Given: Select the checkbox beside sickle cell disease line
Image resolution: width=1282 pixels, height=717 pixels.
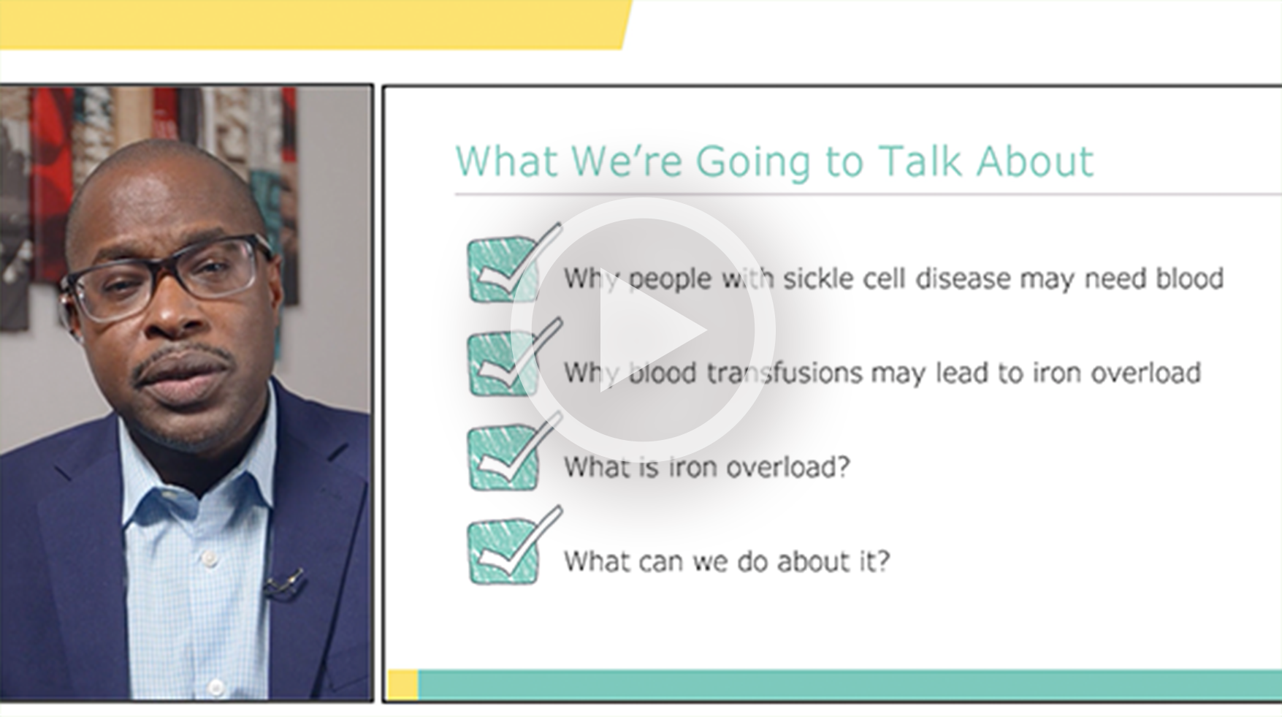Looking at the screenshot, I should point(503,270).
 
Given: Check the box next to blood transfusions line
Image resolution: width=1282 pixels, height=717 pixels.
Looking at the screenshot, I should point(503,364).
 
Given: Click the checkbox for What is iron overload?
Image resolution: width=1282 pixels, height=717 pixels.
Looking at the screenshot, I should point(503,458).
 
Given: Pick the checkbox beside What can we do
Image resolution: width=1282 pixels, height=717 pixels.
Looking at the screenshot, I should point(503,552).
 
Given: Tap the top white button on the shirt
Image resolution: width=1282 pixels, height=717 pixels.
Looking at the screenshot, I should point(210,559).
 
